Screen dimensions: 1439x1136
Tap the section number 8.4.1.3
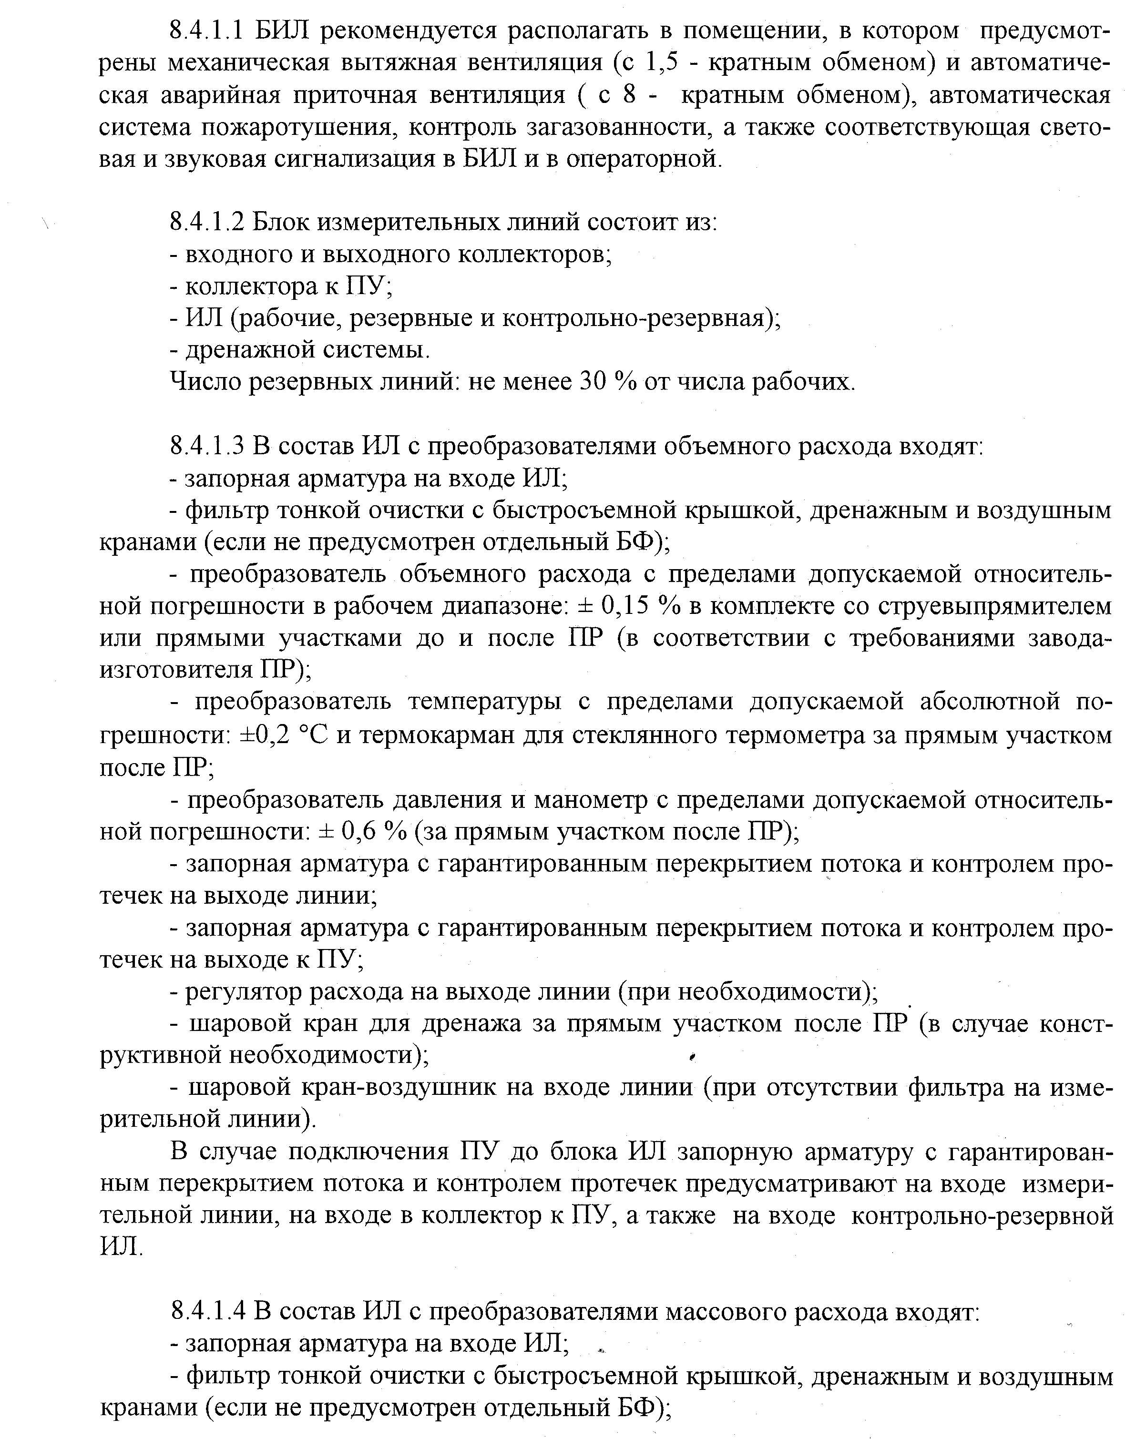tap(209, 446)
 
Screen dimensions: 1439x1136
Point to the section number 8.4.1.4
tap(209, 1311)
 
